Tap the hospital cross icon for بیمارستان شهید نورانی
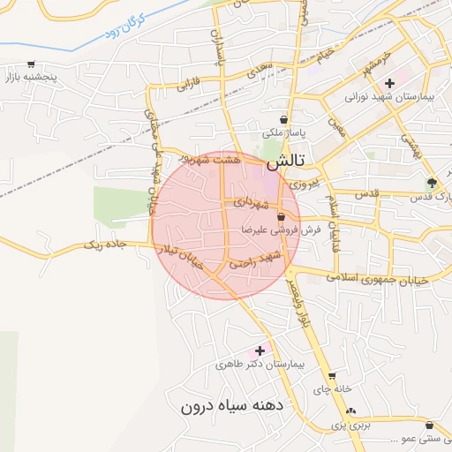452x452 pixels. [x=389, y=82]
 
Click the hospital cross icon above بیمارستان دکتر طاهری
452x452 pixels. [x=260, y=350]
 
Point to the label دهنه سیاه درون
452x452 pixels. [x=230, y=406]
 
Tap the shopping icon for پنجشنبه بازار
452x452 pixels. [x=32, y=64]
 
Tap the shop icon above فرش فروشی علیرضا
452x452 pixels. [x=281, y=216]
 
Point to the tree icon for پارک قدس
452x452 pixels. [x=431, y=183]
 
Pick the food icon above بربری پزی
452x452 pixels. [x=350, y=411]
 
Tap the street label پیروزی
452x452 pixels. [x=302, y=185]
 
